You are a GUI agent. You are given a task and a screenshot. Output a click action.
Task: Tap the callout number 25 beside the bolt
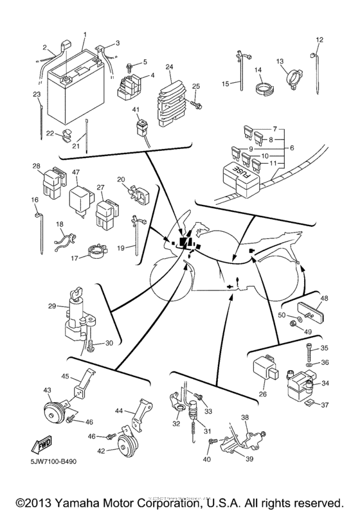point(197,85)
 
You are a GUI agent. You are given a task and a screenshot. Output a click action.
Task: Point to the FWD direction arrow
point(40,444)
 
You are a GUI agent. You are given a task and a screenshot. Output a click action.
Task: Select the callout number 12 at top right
point(319,40)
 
